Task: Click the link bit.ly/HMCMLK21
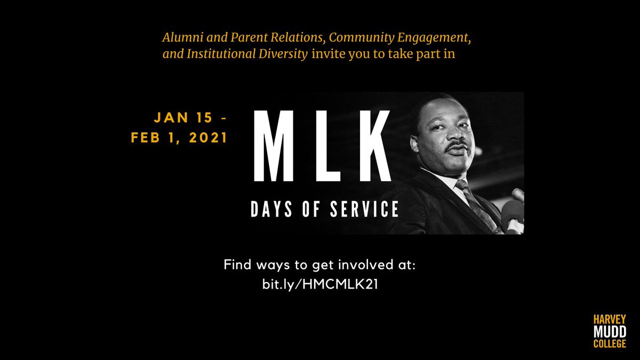(320, 284)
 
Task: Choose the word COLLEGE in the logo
(610, 344)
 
